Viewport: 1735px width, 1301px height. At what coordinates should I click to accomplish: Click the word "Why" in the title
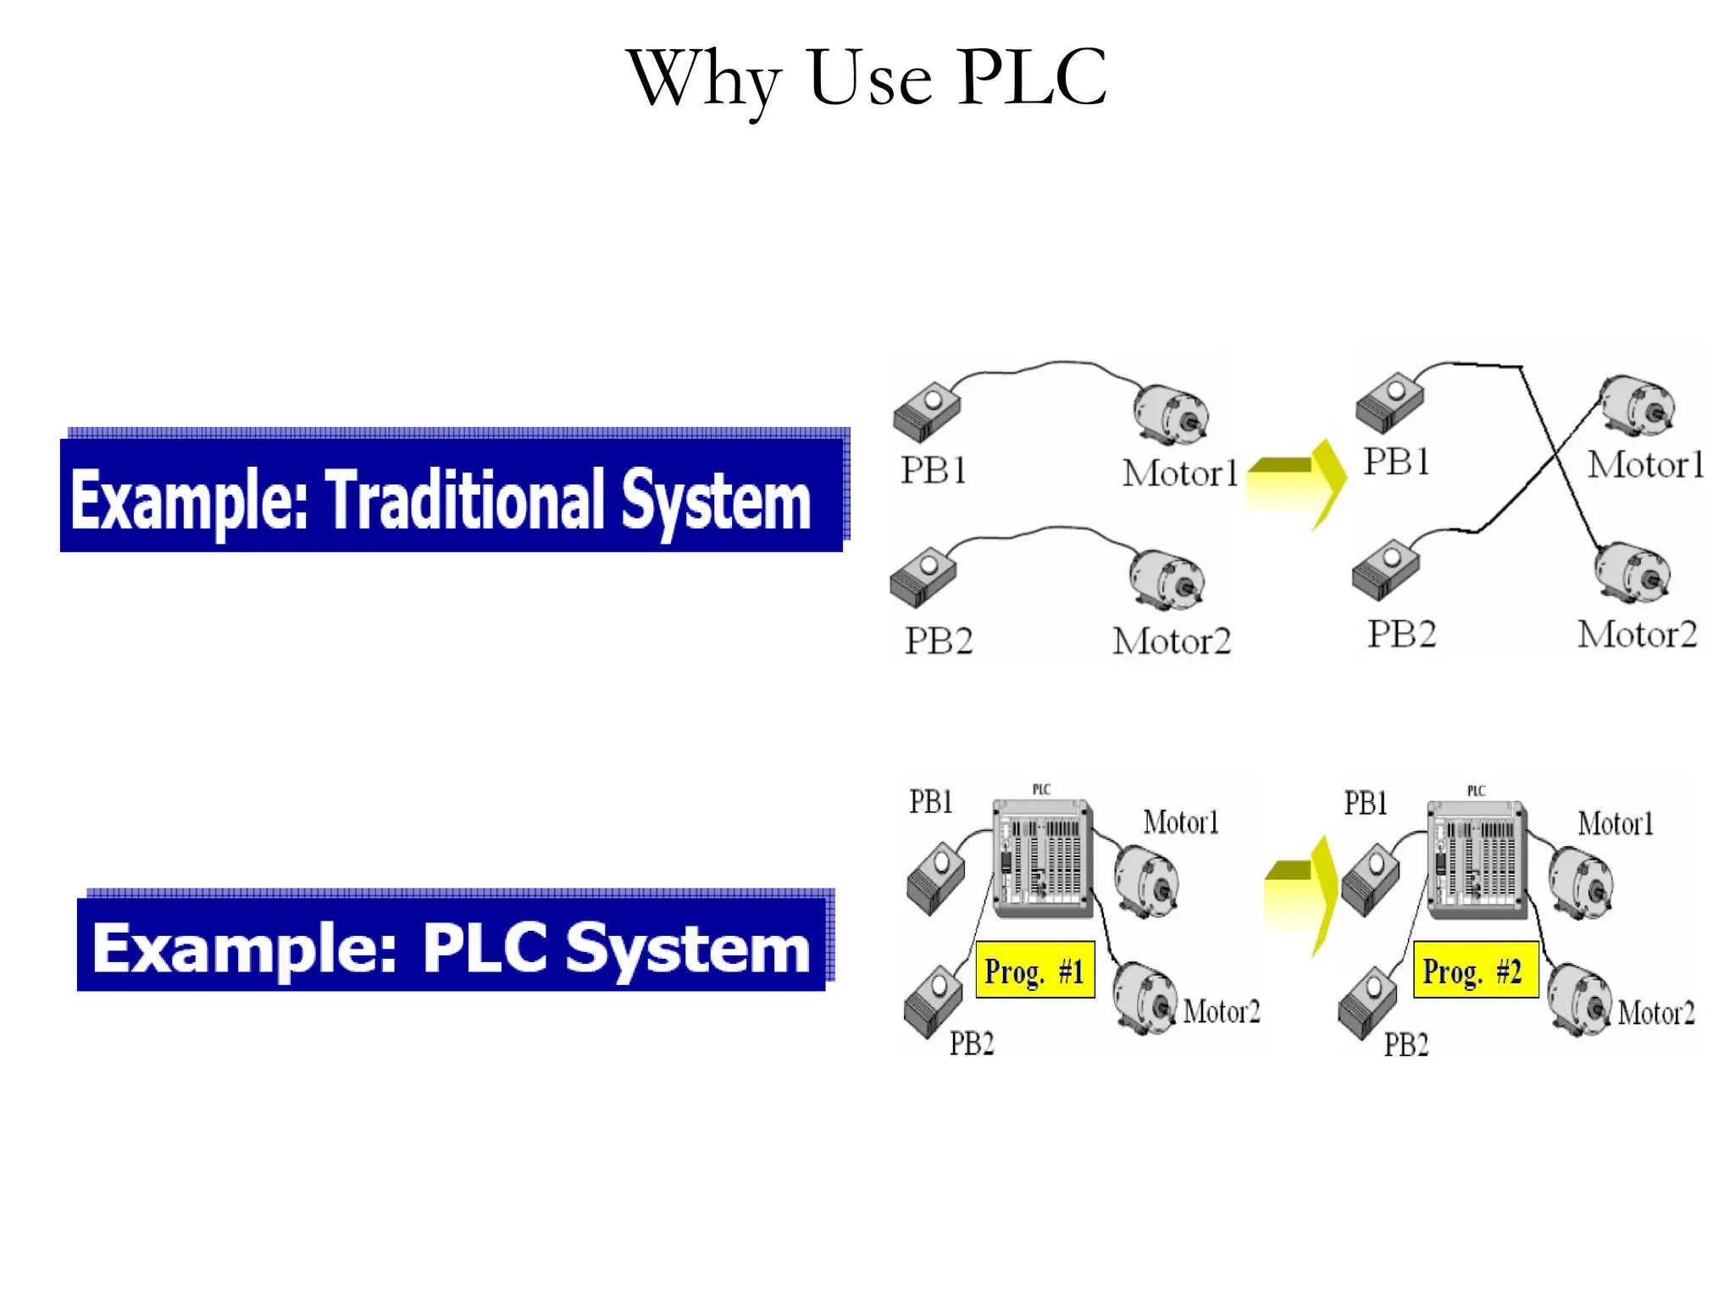702,81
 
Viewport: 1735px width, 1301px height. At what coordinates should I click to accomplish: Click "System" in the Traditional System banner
716,502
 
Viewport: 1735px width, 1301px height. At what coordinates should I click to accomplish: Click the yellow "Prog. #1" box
1034,970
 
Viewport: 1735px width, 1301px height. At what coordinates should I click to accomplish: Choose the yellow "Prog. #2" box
1474,971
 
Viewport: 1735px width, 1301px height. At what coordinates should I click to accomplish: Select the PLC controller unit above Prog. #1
1043,858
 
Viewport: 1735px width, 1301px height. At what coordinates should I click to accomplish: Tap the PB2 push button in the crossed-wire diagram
1386,568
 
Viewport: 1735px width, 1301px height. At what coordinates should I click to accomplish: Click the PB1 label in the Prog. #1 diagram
931,801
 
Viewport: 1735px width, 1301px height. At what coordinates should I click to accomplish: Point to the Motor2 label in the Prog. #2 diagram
1655,1013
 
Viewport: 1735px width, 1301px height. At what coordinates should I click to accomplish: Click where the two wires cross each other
1555,458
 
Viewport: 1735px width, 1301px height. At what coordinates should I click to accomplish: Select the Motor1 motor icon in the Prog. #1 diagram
1146,881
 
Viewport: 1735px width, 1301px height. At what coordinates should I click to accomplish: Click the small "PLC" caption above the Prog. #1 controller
1041,789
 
